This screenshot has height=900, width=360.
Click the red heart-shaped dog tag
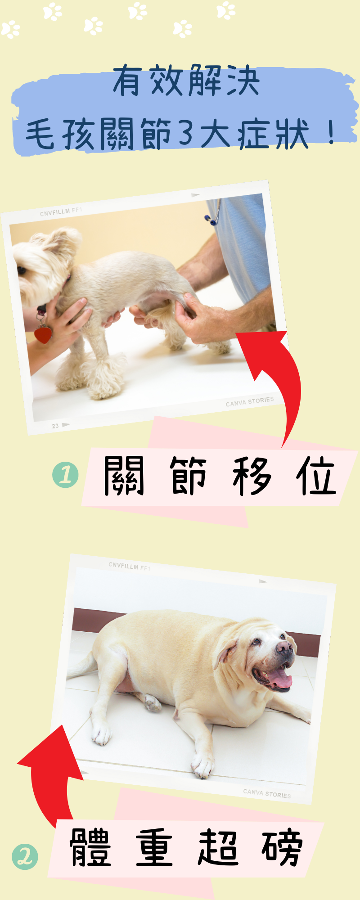pos(43,335)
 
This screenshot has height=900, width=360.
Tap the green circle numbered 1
pos(65,475)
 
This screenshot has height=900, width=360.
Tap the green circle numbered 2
pos(25,856)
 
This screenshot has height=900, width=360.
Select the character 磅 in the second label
pos(282,848)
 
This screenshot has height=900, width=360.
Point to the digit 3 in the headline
pos(185,133)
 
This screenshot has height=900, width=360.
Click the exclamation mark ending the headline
pos(332,132)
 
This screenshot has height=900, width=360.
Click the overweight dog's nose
pos(284,648)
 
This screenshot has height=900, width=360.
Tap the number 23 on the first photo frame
pos(55,426)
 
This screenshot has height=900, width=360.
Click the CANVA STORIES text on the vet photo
pos(250,402)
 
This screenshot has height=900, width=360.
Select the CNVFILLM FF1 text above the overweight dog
pos(130,566)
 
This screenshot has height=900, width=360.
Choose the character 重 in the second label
pos(154,848)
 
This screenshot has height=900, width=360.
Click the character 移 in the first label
pos(253,476)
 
